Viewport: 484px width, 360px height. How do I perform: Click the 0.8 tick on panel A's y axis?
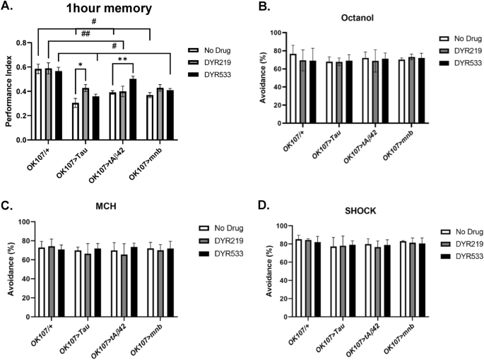point(28,42)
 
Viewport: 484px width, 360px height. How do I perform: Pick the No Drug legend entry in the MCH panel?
point(211,228)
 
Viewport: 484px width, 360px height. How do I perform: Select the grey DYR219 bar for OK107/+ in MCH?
point(51,267)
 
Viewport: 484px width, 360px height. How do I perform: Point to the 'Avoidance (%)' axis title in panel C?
point(9,271)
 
